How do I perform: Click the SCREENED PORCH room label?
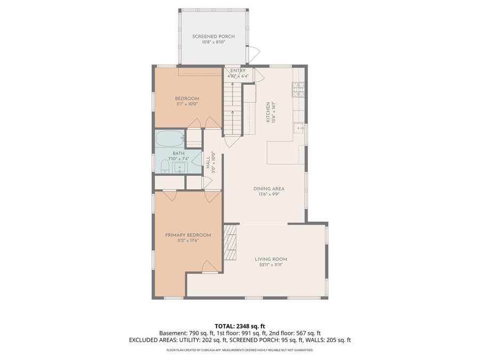(x=213, y=36)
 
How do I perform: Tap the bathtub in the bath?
(x=170, y=140)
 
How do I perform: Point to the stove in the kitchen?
(x=298, y=90)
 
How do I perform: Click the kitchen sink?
(x=299, y=129)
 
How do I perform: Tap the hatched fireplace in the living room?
(x=230, y=242)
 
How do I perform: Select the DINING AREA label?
(x=268, y=188)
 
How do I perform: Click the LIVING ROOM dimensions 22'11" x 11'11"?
(x=271, y=265)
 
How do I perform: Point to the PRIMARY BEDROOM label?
(x=188, y=235)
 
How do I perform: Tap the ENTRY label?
(x=238, y=70)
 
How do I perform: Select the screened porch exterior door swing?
(x=254, y=53)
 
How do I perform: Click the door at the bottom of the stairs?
(x=230, y=141)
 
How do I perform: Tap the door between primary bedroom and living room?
(x=210, y=266)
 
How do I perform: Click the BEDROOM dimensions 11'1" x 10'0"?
(x=187, y=104)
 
